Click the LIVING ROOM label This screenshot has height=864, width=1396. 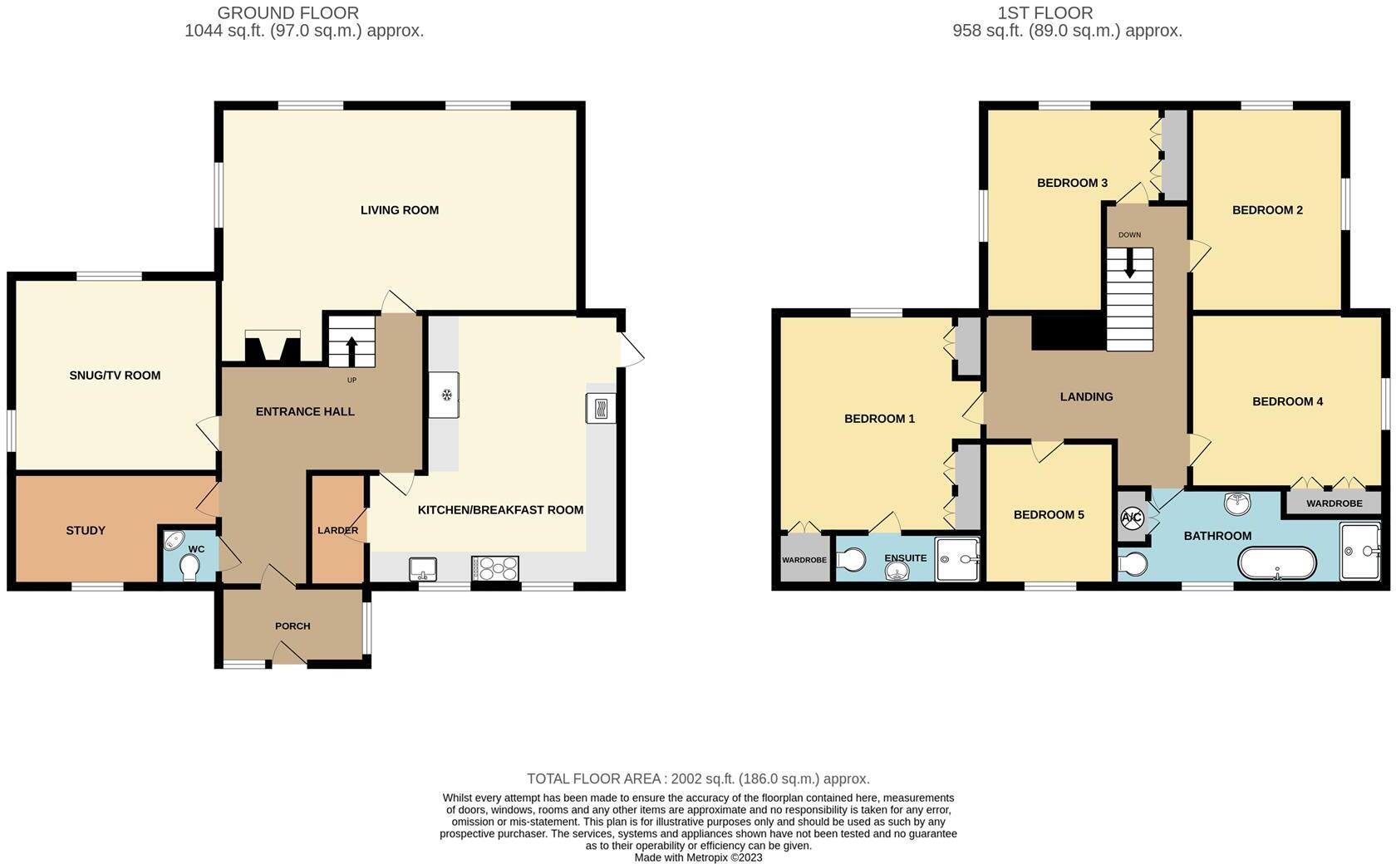(x=399, y=210)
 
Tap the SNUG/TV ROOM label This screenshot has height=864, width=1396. (x=115, y=376)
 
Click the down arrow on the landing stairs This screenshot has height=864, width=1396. (x=1129, y=263)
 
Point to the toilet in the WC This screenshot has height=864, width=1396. (x=189, y=567)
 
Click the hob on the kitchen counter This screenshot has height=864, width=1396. (x=495, y=568)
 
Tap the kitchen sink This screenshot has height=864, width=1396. (x=423, y=568)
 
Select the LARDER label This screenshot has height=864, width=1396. (x=337, y=531)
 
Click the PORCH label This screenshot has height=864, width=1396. (x=292, y=626)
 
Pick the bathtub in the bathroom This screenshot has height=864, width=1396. (x=1277, y=563)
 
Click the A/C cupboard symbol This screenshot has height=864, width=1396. (x=1132, y=518)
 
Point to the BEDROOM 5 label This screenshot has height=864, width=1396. (x=1049, y=515)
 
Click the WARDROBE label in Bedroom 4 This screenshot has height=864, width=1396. (x=1334, y=503)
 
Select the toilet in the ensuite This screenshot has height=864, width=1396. (x=850, y=561)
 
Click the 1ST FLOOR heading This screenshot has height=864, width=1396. (x=1045, y=13)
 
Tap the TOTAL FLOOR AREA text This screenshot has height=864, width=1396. (x=698, y=779)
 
